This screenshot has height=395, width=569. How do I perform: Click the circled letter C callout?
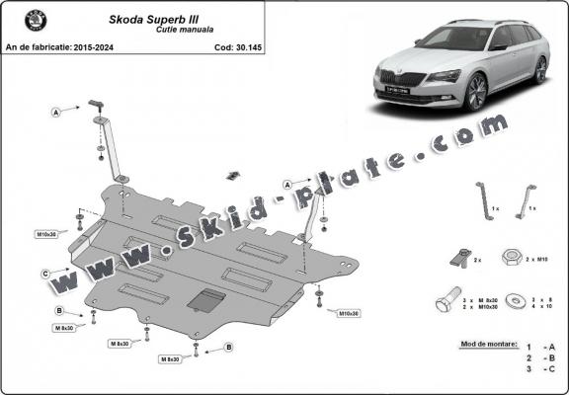(x=45, y=273)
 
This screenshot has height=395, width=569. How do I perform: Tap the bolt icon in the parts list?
(x=447, y=302)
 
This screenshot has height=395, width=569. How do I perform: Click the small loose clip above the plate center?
(x=233, y=175)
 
